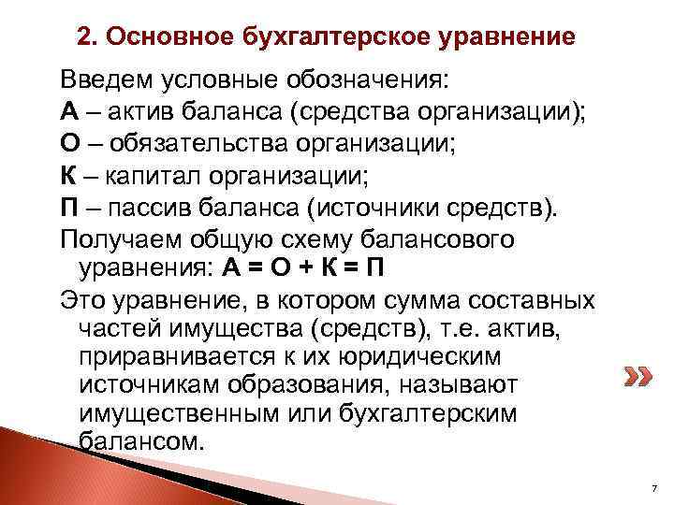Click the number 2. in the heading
[86, 38]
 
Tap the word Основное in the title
[155, 38]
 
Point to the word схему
[331, 239]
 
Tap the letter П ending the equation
[374, 271]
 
